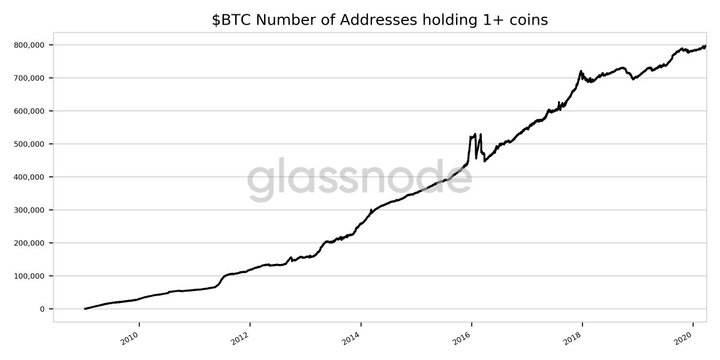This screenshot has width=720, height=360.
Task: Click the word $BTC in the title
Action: pyautogui.click(x=232, y=20)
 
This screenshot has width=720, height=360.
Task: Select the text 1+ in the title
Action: pyautogui.click(x=493, y=20)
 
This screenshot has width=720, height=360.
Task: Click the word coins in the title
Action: pyautogui.click(x=528, y=20)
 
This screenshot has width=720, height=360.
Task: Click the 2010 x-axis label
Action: pyautogui.click(x=129, y=337)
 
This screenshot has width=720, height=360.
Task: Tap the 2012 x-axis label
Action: pyautogui.click(x=240, y=337)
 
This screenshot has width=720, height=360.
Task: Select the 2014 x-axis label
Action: pyautogui.click(x=351, y=337)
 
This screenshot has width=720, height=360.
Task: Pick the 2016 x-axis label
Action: pyautogui.click(x=462, y=337)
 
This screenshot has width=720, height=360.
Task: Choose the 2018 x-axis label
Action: pyautogui.click(x=572, y=337)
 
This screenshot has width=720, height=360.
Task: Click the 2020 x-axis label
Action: pyautogui.click(x=683, y=337)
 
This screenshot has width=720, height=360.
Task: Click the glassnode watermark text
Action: pyautogui.click(x=359, y=178)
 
